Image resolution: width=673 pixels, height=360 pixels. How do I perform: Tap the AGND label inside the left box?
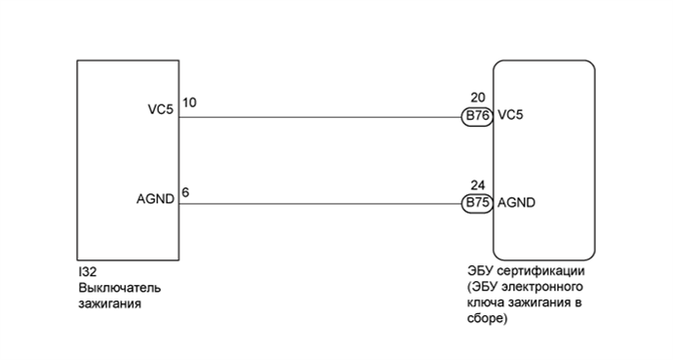coord(156,198)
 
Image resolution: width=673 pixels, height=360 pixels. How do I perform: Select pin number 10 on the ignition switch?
coord(189,100)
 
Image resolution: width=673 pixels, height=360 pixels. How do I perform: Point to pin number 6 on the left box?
coord(185,191)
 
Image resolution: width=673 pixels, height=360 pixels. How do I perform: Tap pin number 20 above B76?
coord(477,100)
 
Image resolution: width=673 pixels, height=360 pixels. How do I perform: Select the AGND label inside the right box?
coord(516,204)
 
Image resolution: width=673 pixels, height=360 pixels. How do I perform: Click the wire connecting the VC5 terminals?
coord(322,116)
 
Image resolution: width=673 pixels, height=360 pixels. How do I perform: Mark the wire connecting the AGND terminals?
coord(322,204)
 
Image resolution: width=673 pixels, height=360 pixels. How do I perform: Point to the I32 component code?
coord(87,273)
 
